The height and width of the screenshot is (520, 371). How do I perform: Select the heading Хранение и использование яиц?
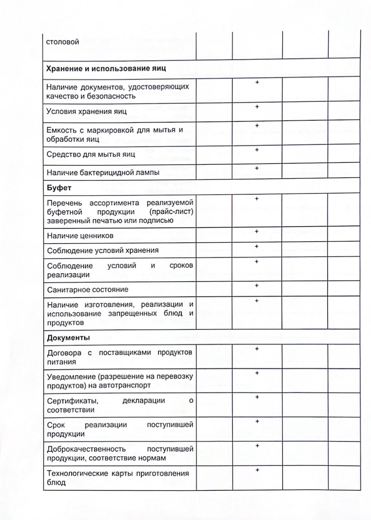(106, 69)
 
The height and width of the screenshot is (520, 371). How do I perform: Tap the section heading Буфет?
(59, 188)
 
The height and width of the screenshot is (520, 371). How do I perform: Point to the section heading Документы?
(68, 338)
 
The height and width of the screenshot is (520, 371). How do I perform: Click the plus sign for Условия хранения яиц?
(257, 107)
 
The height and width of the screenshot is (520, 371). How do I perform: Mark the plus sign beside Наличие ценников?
(257, 231)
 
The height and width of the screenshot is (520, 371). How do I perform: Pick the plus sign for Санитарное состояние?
(257, 285)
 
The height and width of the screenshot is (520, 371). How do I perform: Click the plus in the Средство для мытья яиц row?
(257, 150)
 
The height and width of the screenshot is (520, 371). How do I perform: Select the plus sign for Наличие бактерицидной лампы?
(257, 168)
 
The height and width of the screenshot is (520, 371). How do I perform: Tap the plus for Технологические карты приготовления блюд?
(257, 470)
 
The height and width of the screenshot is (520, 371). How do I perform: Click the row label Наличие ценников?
(80, 236)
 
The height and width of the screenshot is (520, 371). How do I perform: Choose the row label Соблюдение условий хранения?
(103, 251)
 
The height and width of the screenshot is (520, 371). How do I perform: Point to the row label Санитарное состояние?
(88, 290)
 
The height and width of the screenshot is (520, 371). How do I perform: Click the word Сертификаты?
(73, 401)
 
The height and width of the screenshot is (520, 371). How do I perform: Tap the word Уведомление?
(71, 376)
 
